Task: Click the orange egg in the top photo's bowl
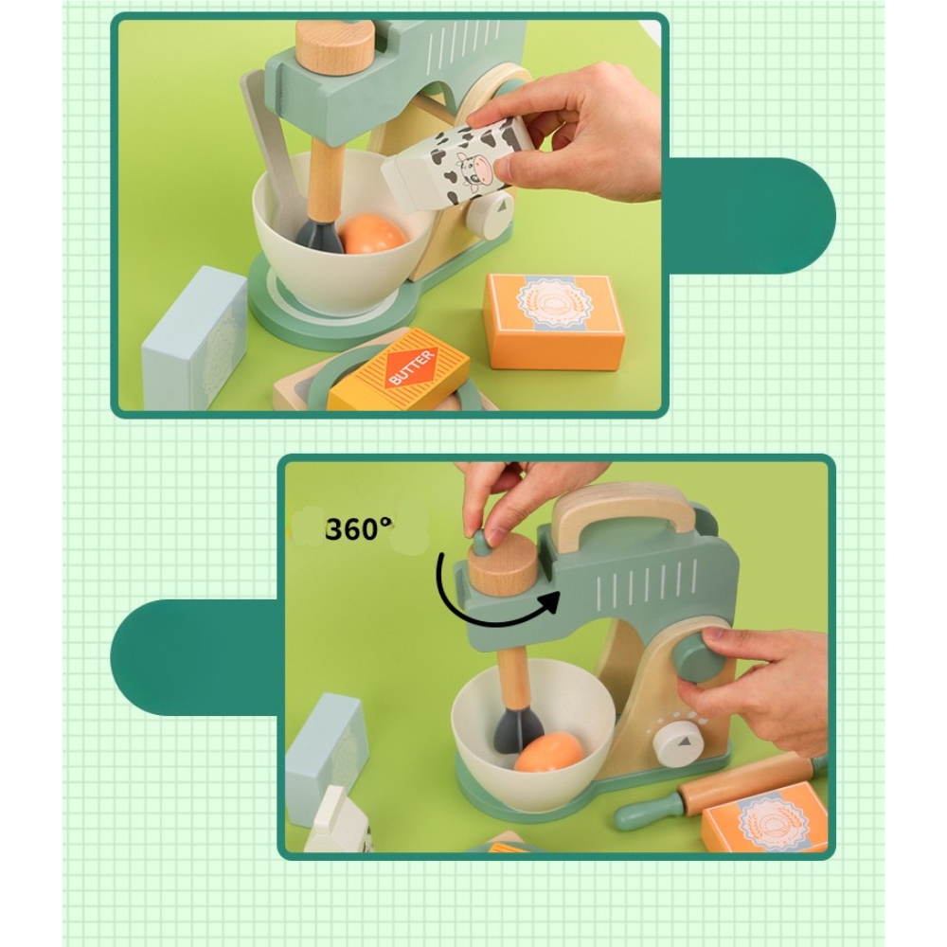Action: tap(372, 235)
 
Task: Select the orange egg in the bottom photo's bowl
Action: tap(548, 752)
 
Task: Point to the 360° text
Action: tap(359, 529)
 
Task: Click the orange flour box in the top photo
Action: tap(554, 320)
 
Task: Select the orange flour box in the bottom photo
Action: tap(766, 818)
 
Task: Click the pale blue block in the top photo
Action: tap(194, 340)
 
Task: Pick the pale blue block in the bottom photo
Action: tap(326, 758)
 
